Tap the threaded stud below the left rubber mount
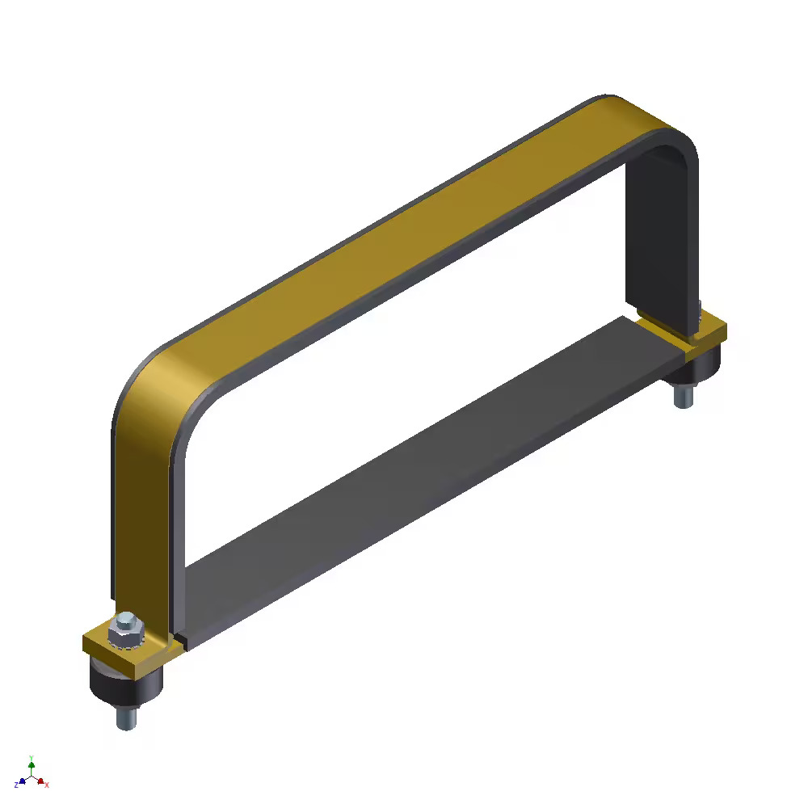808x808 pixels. pos(125,716)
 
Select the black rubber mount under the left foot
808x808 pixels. pos(125,684)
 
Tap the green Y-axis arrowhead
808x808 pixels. pos(32,763)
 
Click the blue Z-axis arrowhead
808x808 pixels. pos(23,781)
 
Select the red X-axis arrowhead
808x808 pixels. pos(40,781)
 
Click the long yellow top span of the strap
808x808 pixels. pos(388,234)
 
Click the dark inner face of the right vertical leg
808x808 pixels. pos(659,242)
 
